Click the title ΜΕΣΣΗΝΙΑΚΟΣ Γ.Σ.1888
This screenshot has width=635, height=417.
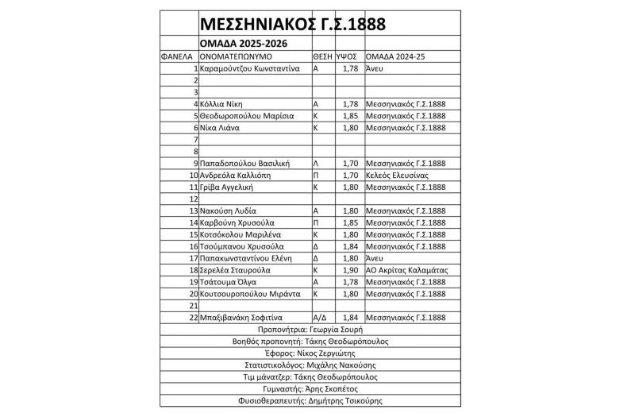coord(292,24)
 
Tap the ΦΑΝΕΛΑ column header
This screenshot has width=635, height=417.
coord(178,57)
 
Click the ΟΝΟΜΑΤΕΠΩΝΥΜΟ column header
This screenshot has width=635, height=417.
coord(237,57)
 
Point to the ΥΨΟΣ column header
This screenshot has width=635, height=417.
coord(345,57)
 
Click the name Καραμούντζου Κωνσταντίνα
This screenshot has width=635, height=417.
coord(249,69)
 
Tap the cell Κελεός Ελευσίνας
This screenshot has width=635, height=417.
coord(397,175)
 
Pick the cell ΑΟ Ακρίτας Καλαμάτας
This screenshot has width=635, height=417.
coord(407,270)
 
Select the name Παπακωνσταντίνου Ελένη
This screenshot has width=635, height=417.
coord(247,258)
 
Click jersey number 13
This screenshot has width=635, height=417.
coord(193,210)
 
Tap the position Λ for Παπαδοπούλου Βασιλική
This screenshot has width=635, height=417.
coord(316,164)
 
